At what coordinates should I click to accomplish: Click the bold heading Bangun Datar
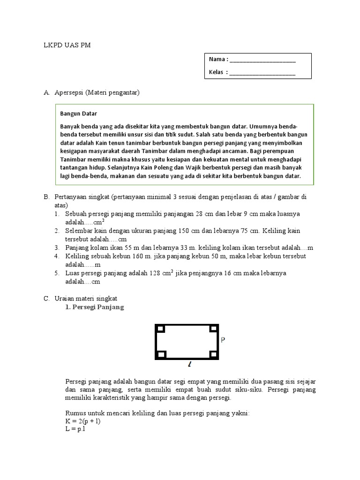coord(79,113)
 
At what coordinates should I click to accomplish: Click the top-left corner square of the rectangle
coord(161,328)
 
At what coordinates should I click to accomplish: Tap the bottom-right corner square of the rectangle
coord(213,354)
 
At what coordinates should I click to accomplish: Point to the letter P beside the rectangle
coord(223,341)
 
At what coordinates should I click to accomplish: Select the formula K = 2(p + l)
coord(83,421)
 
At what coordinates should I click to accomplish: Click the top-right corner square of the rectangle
coord(213,328)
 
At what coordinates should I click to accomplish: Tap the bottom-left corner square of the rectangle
coord(161,354)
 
